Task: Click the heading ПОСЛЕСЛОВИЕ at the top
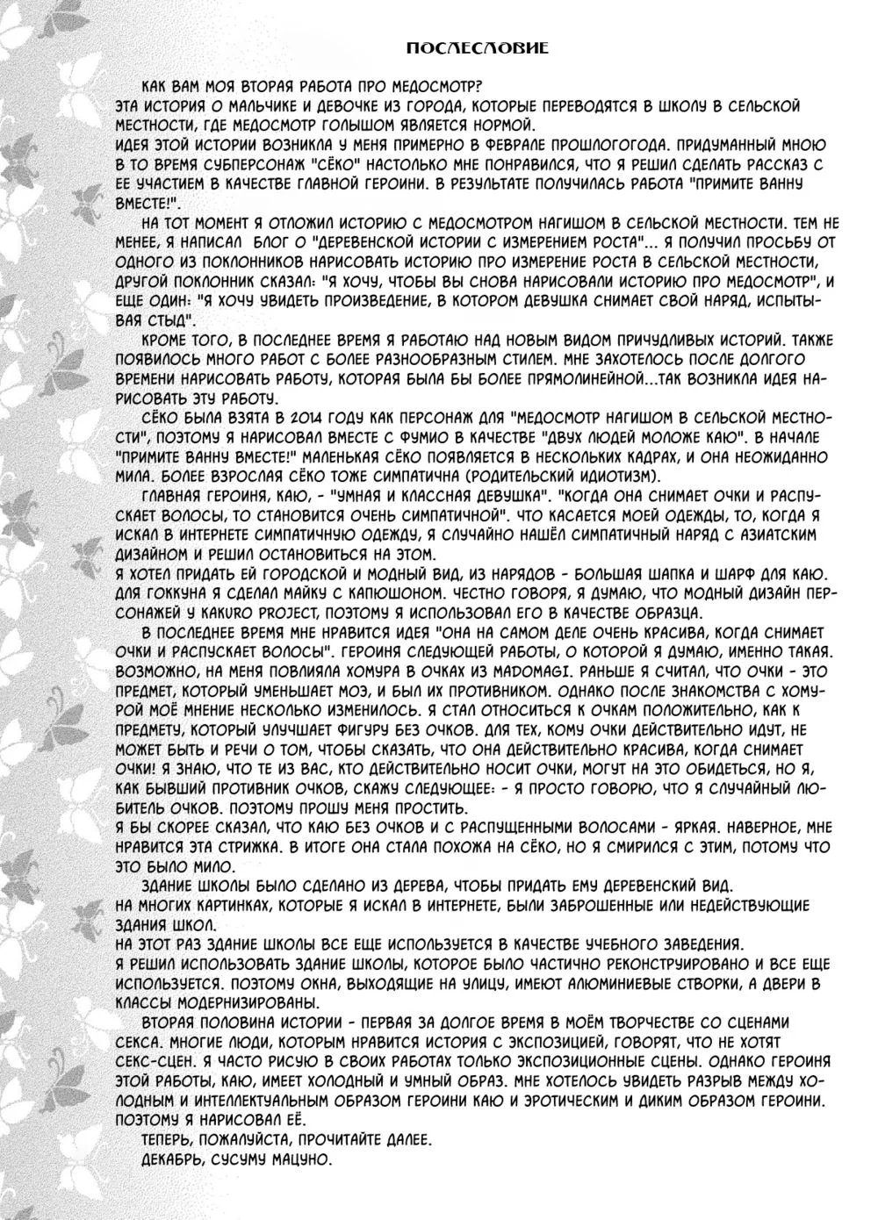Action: (x=479, y=47)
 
